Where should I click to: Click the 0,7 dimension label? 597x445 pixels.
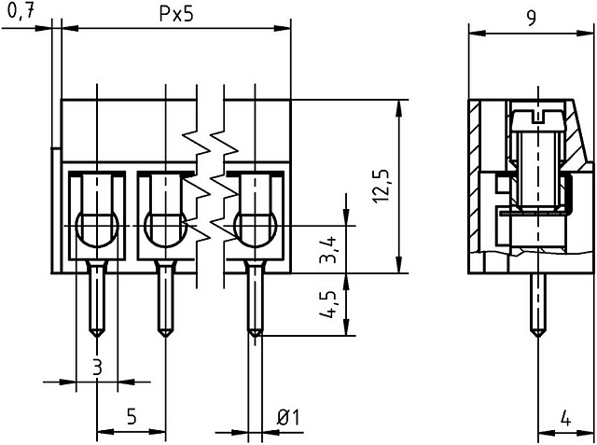(21, 12)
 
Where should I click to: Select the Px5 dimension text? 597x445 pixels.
(176, 15)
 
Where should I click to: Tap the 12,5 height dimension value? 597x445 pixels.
(382, 187)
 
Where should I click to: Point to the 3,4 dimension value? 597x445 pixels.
(327, 250)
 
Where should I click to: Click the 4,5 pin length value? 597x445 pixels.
(327, 304)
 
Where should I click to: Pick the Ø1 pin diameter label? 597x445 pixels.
(288, 418)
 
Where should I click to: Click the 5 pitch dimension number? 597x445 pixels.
(132, 417)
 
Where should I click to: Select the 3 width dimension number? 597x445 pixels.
(97, 368)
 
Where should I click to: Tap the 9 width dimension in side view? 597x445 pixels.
(532, 18)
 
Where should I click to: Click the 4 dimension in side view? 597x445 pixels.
(566, 419)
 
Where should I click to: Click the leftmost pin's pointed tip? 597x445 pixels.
(97, 337)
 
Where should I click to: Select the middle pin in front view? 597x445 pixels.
(165, 299)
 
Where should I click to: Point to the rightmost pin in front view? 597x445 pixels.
(255, 299)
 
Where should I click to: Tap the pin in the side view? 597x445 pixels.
(537, 305)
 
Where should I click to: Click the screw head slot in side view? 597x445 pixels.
(537, 117)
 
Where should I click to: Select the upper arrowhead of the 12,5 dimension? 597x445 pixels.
(398, 108)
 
